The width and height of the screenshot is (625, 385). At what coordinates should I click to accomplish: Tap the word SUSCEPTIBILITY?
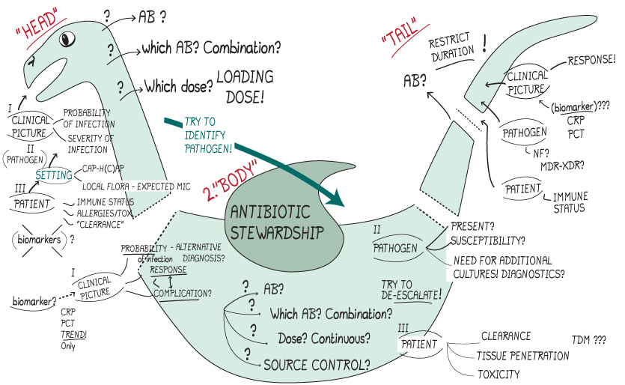(x=487, y=242)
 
